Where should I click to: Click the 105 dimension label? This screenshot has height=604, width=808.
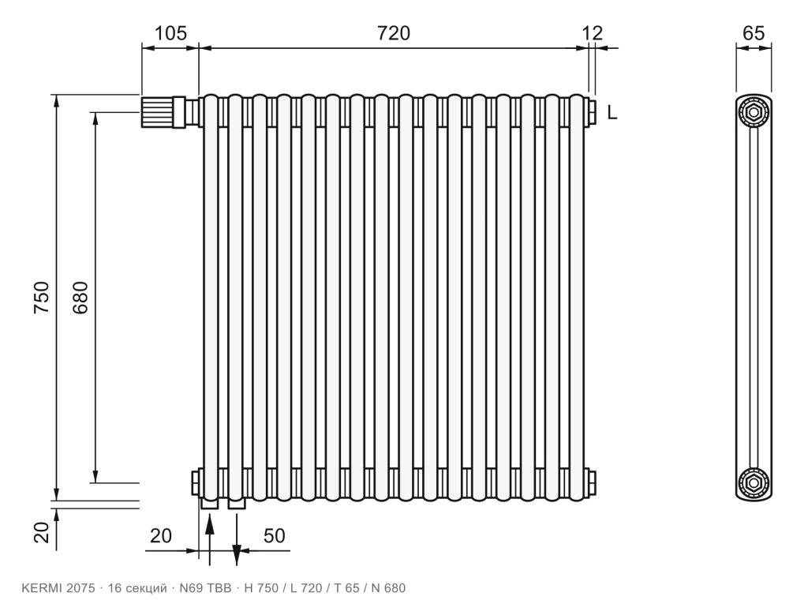[x=170, y=33]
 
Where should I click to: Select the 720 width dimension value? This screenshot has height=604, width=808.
[x=394, y=33]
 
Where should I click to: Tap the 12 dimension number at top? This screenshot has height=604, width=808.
[x=593, y=33]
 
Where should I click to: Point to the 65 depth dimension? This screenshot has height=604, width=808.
[x=754, y=33]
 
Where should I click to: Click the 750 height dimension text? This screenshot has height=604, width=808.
[x=41, y=297]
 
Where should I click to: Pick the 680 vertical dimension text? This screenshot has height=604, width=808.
[x=80, y=298]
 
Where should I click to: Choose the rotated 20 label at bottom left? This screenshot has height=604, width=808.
[x=43, y=533]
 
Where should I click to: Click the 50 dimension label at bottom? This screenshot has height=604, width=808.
[x=274, y=536]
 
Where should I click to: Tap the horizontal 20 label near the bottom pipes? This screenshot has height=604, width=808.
[x=161, y=536]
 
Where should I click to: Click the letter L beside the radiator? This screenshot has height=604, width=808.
[x=612, y=112]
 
